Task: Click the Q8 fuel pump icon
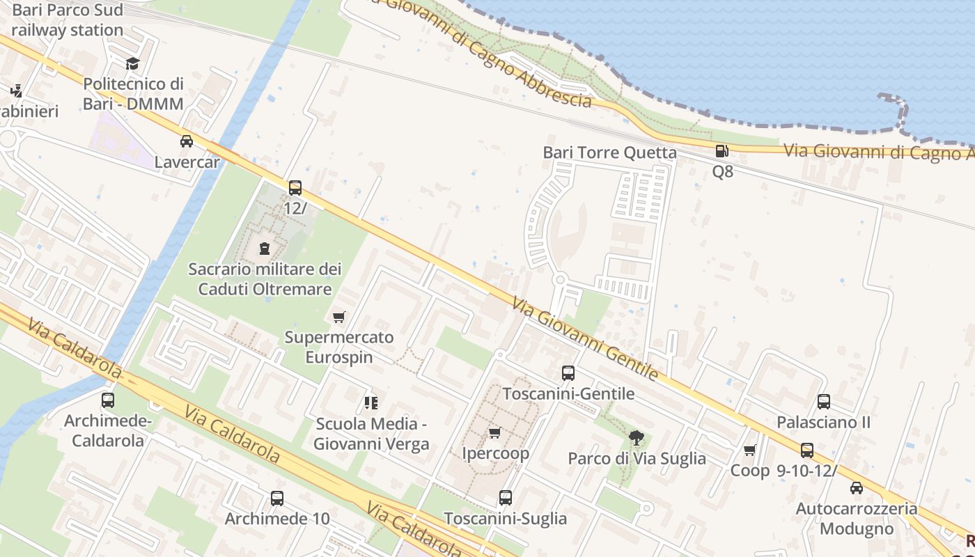click(722, 151)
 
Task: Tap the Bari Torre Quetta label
click(609, 152)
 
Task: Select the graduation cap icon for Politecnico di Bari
click(132, 64)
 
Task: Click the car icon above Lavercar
click(187, 141)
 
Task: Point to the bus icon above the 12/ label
click(295, 187)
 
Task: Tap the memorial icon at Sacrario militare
click(265, 248)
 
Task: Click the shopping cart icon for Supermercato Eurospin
click(339, 317)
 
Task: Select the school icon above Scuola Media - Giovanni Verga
click(371, 402)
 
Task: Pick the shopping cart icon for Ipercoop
click(495, 433)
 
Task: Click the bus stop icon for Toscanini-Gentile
click(568, 372)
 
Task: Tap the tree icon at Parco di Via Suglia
click(636, 438)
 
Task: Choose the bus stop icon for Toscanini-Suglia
click(506, 498)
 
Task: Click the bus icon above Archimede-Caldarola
click(108, 400)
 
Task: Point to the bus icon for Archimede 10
click(277, 499)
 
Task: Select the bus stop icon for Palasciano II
click(824, 402)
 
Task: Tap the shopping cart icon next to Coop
click(750, 450)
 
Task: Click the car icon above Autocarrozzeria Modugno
click(857, 488)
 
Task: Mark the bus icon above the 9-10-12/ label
click(807, 450)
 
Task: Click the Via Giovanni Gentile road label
click(585, 339)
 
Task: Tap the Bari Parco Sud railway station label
click(68, 20)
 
